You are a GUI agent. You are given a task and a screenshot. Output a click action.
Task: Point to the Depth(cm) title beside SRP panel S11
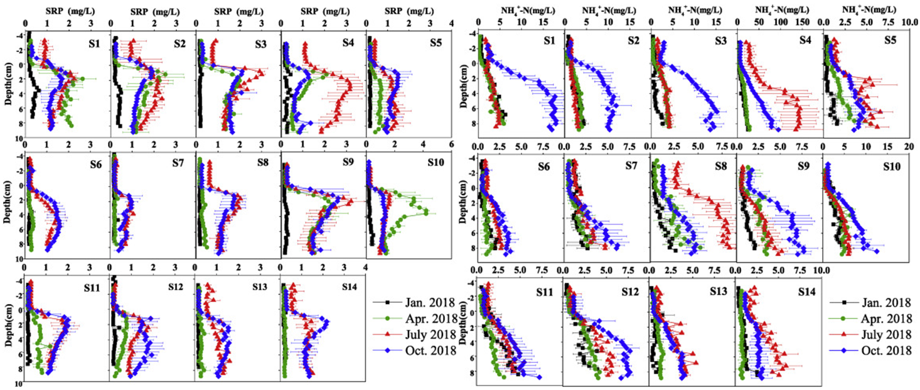coord(11,325)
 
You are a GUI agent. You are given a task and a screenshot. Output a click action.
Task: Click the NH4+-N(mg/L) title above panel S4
coord(775,11)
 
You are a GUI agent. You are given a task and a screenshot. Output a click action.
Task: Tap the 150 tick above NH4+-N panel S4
coord(802,21)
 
